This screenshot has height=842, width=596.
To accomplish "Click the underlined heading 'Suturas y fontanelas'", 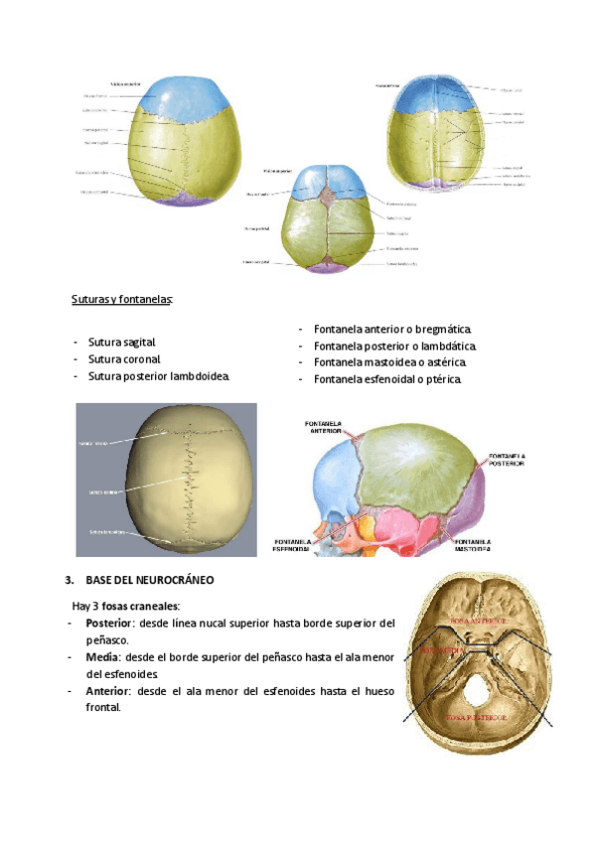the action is pos(122,299).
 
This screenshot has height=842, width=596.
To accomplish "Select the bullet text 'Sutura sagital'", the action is pos(122,342).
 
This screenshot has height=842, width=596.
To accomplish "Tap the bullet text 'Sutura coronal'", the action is pos(124,358).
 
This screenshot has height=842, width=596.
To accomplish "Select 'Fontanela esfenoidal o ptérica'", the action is pos(387,379).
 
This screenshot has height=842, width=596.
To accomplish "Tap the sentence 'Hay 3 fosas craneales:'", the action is pos(125,604).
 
